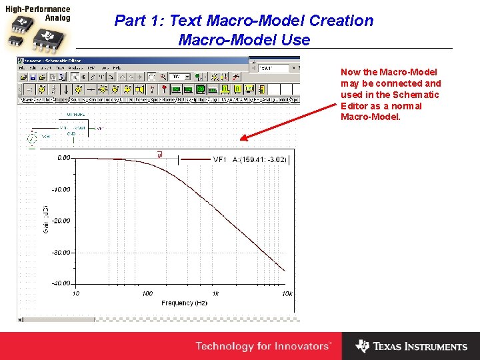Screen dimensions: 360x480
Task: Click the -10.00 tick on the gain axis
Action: [62, 190]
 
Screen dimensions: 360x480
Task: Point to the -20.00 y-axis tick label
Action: [62, 221]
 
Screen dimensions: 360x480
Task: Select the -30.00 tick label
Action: [62, 253]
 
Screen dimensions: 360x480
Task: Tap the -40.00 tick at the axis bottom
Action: [62, 283]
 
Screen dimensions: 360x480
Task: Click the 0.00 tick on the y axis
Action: [64, 159]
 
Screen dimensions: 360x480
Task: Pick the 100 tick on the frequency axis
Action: [147, 294]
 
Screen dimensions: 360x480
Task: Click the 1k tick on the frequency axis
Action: [215, 294]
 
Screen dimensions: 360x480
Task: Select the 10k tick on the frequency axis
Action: [287, 294]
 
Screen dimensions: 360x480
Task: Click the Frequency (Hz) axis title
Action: [184, 303]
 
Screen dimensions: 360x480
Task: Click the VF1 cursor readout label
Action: [220, 159]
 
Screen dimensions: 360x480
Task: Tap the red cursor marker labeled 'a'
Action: [159, 155]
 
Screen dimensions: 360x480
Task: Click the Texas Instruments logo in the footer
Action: [411, 346]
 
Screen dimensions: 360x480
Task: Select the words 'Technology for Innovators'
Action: [263, 346]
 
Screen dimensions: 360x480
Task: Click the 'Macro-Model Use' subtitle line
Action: [244, 40]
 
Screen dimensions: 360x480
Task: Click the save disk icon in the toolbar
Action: [33, 77]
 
